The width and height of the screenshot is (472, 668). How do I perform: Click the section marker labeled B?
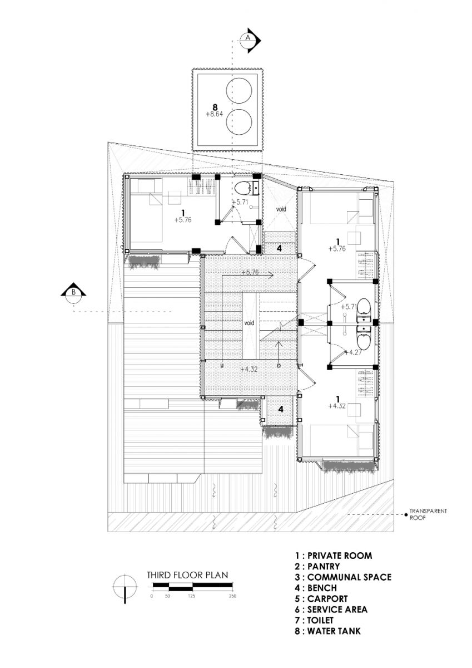pyautogui.click(x=73, y=292)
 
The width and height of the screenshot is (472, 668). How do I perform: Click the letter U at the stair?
pyautogui.click(x=222, y=366)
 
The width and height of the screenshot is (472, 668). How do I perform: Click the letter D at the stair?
pyautogui.click(x=279, y=366)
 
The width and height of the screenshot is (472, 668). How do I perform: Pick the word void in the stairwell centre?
pyautogui.click(x=249, y=323)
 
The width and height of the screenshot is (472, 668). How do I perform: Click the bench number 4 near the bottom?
pyautogui.click(x=281, y=409)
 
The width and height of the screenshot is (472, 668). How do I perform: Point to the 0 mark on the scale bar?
pyautogui.click(x=152, y=596)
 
